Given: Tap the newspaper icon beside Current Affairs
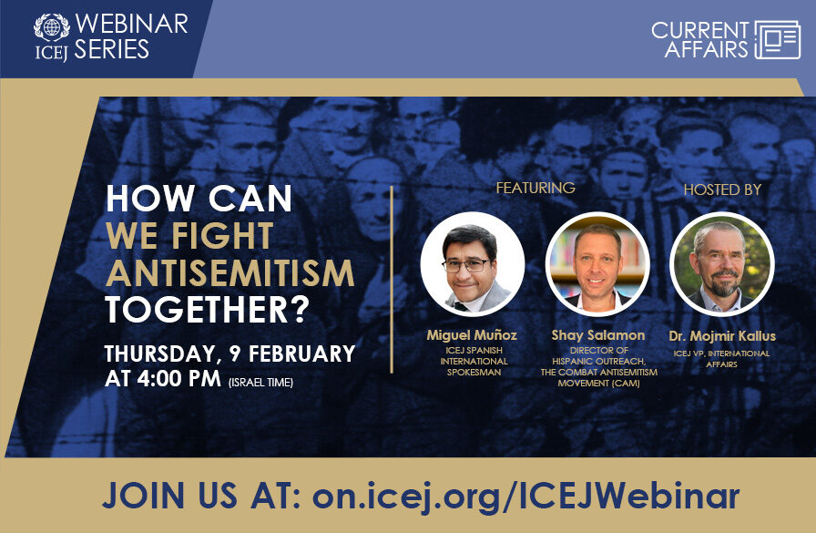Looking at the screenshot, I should coord(777,39).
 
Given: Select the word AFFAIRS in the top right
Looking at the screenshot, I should coord(706,50).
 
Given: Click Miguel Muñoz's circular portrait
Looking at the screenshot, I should coord(472,263).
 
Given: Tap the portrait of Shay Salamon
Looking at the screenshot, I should coord(597,263).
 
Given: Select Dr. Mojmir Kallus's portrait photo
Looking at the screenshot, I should coord(721,263).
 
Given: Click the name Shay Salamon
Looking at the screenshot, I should coord(597,335).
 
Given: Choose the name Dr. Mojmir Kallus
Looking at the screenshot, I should coord(721,335).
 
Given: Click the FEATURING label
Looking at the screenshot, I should coord(535,188).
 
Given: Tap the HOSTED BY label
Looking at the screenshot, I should coord(722,190).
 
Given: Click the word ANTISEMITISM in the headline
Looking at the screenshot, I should coord(229,272).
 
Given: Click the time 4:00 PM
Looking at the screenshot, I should coord(171,379).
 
